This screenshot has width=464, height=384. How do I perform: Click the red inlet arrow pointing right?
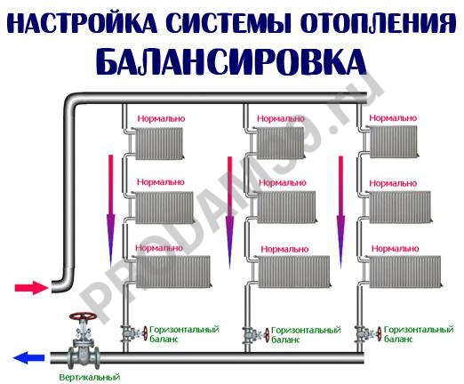(x=29, y=288)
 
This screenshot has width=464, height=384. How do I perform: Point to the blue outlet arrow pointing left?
(x=28, y=359)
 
